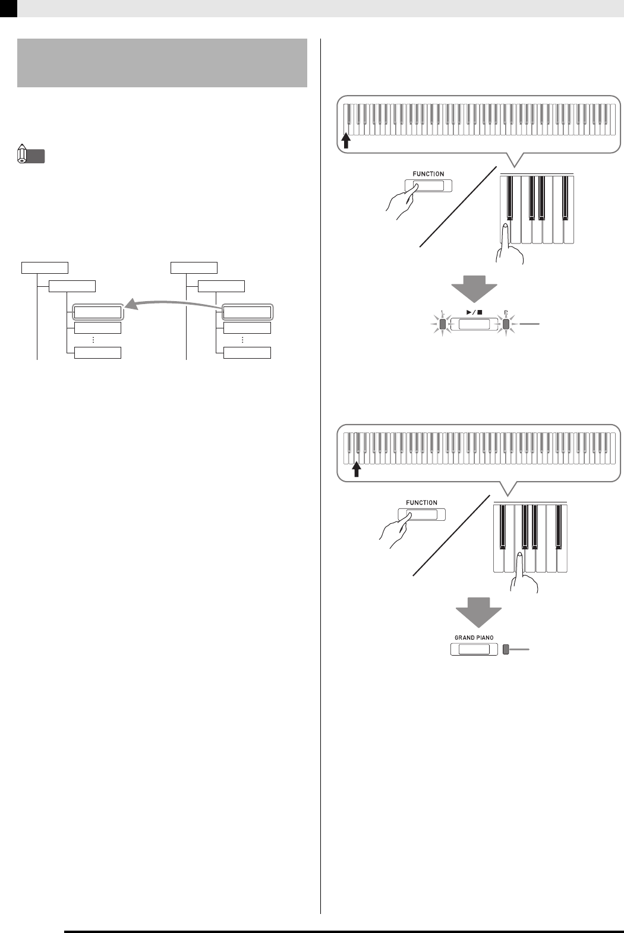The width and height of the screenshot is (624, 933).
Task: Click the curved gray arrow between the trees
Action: click(172, 305)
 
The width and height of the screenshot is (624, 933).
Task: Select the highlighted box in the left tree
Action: click(97, 312)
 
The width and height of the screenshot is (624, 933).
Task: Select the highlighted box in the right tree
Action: click(247, 312)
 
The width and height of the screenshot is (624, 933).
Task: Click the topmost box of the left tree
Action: click(45, 267)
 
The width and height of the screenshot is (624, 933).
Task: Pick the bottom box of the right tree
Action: click(247, 353)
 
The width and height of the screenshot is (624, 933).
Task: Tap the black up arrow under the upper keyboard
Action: click(346, 140)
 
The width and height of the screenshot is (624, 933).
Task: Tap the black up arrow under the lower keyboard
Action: click(357, 470)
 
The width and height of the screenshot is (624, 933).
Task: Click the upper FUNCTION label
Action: click(428, 174)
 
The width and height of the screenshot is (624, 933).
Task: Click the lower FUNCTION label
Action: click(421, 502)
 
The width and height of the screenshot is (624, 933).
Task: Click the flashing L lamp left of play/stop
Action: click(443, 324)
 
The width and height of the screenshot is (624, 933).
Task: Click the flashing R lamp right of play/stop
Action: click(506, 324)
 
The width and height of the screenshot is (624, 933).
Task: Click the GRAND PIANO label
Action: click(474, 637)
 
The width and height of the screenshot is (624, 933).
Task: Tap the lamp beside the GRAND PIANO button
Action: click(506, 650)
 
